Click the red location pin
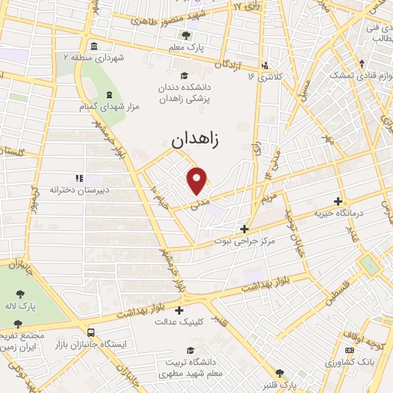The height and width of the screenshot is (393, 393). click(198, 181)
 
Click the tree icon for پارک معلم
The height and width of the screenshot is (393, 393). click(184, 35)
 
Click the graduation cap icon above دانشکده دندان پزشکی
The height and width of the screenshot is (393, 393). click(183, 75)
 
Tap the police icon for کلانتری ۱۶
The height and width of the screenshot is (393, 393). click(266, 65)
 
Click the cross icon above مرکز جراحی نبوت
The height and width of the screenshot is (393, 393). click(245, 228)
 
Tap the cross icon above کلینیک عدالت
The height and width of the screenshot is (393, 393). click(180, 310)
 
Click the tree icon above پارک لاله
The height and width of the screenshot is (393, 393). click(18, 296)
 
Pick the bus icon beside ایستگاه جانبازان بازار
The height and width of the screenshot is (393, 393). click(91, 333)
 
